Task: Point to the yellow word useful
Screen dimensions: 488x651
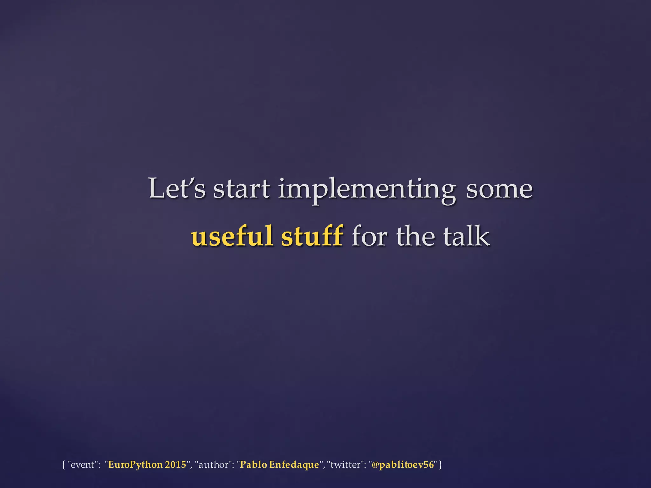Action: click(x=232, y=236)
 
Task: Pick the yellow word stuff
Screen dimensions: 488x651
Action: click(x=312, y=236)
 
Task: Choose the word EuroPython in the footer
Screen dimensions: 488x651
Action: click(x=135, y=465)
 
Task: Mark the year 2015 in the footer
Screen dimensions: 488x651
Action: click(x=175, y=465)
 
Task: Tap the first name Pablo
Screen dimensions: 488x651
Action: click(x=253, y=465)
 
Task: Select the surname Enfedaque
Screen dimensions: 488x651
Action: click(x=294, y=465)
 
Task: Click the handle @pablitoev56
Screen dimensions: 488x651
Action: click(x=402, y=465)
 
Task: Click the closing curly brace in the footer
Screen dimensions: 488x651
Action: click(x=440, y=465)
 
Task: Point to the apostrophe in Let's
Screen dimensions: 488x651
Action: click(x=188, y=181)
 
